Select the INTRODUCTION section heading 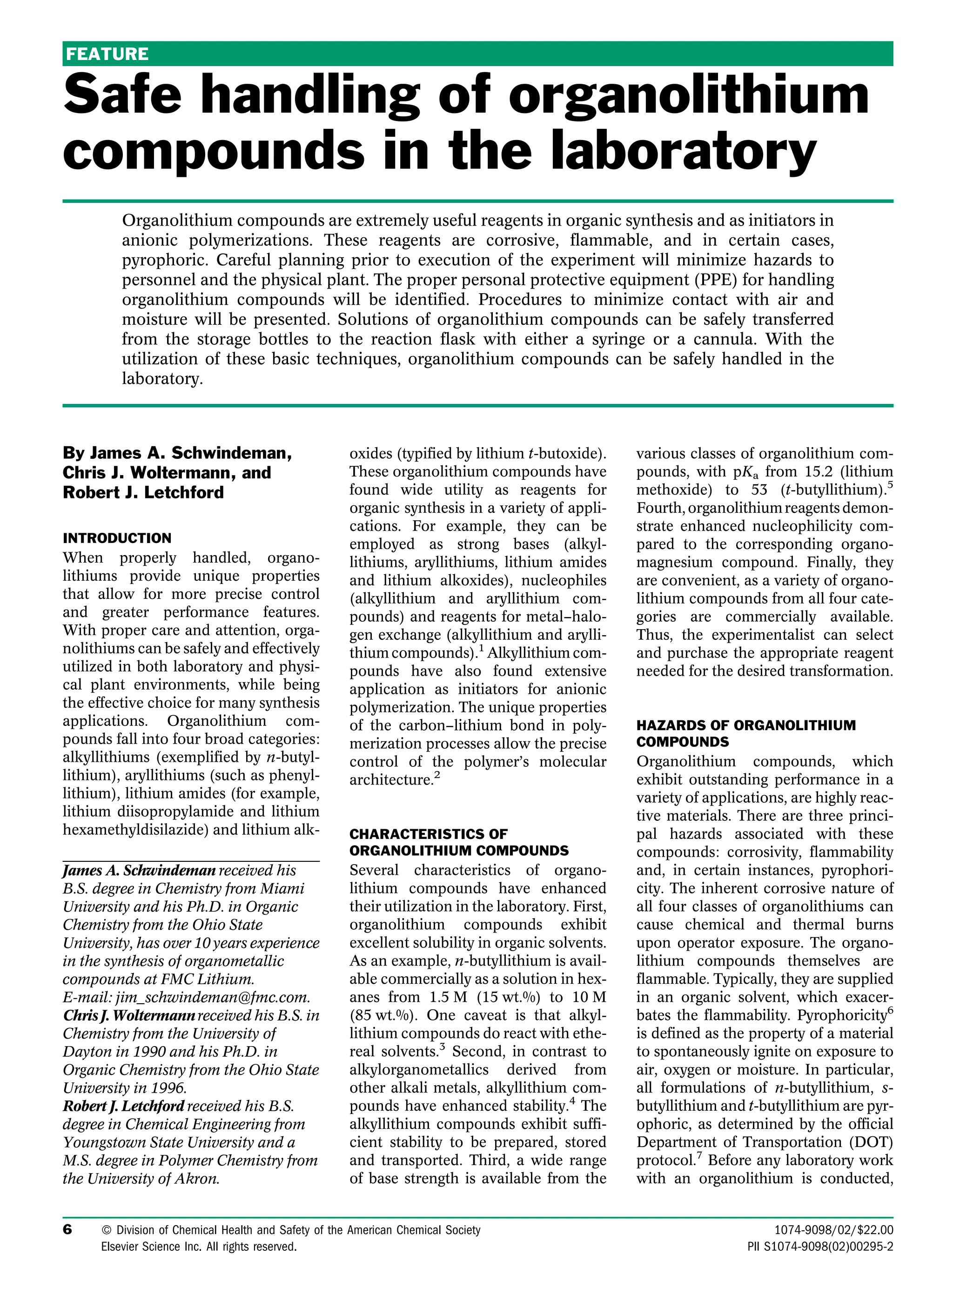pos(117,538)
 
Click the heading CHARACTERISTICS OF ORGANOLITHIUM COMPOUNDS pos(459,842)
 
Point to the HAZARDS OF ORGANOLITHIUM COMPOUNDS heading pos(746,733)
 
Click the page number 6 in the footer pos(67,1230)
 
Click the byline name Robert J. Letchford pos(143,492)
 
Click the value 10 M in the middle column pos(589,997)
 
